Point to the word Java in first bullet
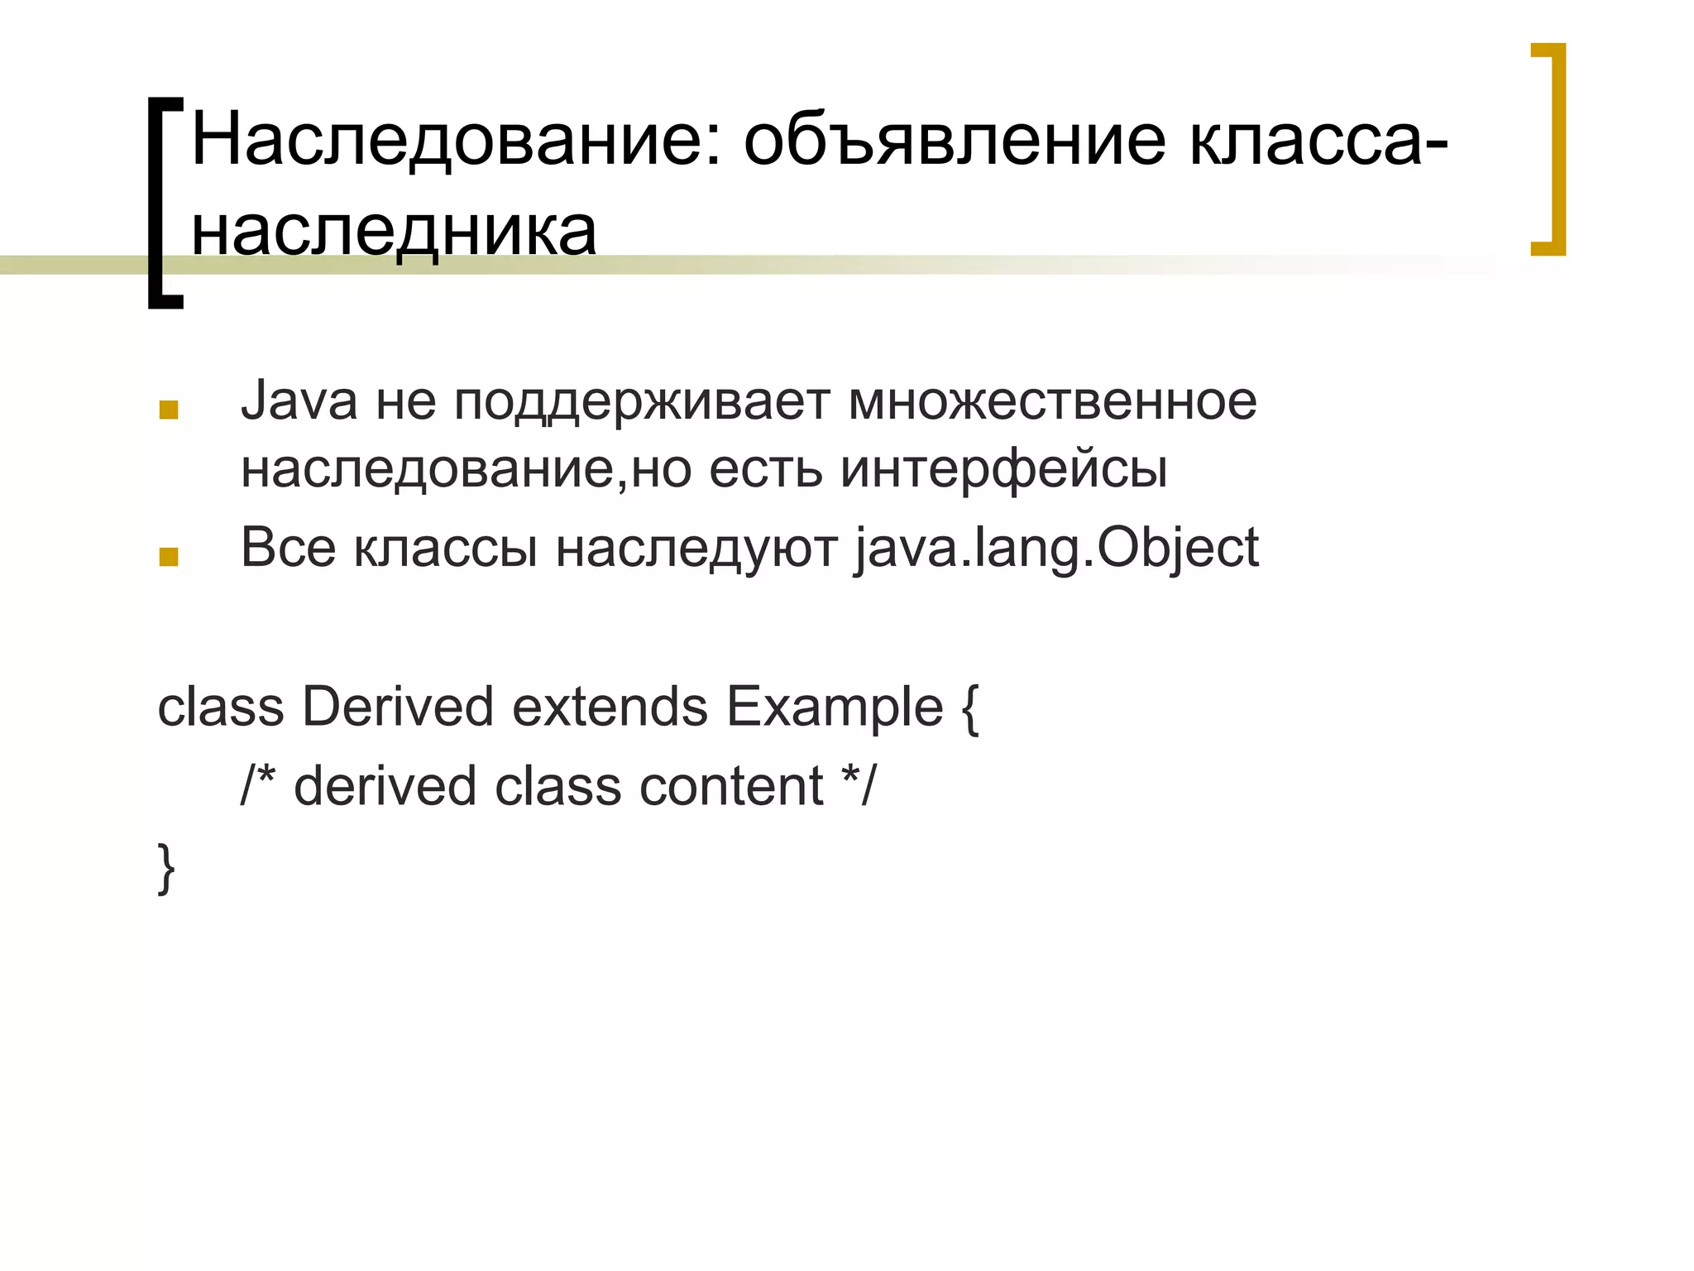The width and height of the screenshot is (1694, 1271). click(299, 401)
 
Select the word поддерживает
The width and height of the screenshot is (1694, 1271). click(641, 403)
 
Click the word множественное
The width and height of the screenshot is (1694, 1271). click(1052, 401)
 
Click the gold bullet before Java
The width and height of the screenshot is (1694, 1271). click(169, 410)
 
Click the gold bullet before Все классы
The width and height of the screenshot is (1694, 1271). click(169, 557)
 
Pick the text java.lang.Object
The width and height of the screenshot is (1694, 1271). click(1056, 549)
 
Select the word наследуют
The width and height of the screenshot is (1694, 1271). click(696, 549)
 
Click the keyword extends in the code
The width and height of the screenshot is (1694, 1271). click(610, 707)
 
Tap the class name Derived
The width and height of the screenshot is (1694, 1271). click(397, 707)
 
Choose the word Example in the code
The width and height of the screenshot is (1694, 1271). click(835, 707)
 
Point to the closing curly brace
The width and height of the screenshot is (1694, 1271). click(166, 867)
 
